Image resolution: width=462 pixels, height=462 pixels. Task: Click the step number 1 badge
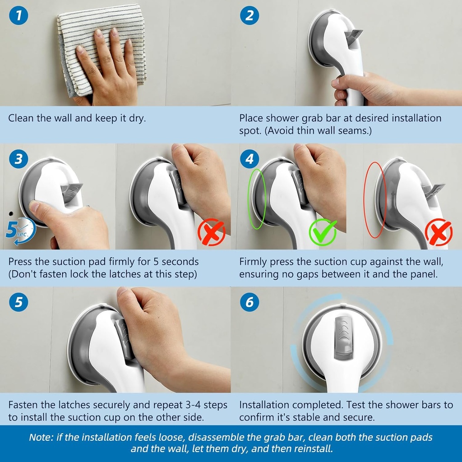tap(18, 16)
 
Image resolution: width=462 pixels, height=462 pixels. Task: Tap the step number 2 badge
tap(249, 16)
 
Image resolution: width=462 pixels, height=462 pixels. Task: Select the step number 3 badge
tap(18, 160)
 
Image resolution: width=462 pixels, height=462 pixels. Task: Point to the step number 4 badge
tap(249, 160)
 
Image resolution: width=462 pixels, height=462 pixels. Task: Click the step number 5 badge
tap(18, 302)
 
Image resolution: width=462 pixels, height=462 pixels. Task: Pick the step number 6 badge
tap(249, 302)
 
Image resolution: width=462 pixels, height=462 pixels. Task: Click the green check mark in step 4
tap(322, 231)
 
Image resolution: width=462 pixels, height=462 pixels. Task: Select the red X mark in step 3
tap(211, 232)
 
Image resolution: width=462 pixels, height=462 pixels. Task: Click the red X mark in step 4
tap(439, 232)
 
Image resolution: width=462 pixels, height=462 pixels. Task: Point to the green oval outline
tap(257, 199)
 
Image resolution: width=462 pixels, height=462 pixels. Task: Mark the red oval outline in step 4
tap(375, 199)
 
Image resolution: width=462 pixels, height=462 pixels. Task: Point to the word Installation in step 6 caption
tap(265, 405)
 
